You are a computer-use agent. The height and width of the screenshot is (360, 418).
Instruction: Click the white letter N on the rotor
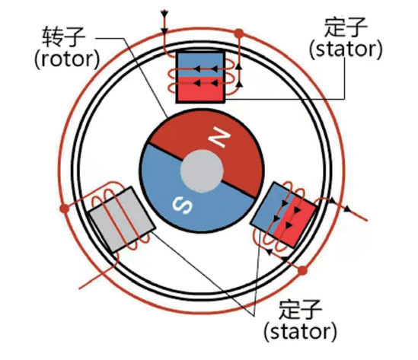[219, 137]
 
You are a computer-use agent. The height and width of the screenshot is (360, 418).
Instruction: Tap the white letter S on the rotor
[182, 205]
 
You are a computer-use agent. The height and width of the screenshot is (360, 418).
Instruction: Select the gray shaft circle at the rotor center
[202, 170]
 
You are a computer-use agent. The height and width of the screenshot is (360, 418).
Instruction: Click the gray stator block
[122, 219]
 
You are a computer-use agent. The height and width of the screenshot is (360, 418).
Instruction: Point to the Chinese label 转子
[64, 36]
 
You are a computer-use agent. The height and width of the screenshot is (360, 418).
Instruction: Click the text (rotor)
[67, 59]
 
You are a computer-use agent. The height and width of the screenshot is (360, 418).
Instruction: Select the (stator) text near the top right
[346, 49]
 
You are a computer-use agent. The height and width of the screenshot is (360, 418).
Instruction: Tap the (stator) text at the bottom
[301, 331]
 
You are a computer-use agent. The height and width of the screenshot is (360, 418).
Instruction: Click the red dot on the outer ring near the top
[239, 33]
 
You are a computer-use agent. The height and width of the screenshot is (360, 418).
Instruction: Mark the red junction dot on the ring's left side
[65, 209]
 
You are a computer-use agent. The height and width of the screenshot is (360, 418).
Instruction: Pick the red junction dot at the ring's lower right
[302, 270]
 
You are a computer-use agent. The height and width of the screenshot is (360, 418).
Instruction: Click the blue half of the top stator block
[200, 65]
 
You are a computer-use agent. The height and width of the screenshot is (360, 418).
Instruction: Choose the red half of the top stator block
[200, 89]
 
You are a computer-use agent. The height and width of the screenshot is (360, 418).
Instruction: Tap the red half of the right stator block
[295, 221]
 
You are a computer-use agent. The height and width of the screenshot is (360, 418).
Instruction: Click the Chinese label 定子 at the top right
[346, 27]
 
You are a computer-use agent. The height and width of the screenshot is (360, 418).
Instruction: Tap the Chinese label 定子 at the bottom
[301, 309]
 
